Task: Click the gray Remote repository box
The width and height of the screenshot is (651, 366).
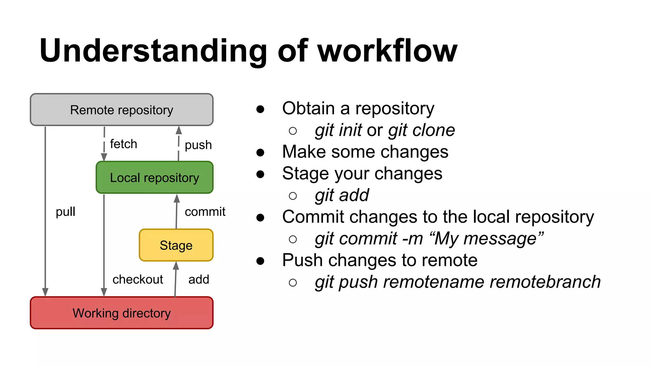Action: [x=121, y=110]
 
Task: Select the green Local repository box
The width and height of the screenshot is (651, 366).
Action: [x=154, y=178]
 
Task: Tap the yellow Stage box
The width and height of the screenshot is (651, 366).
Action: [x=176, y=245]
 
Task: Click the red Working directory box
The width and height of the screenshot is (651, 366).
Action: [x=121, y=313]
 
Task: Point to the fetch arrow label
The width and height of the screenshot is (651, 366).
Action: [x=123, y=144]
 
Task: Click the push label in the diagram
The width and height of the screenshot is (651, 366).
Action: [x=198, y=145]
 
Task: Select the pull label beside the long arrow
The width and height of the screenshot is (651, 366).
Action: [x=65, y=212]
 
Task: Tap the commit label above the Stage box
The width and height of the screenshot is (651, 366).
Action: [x=205, y=212]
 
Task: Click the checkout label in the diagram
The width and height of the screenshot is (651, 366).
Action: [x=138, y=279]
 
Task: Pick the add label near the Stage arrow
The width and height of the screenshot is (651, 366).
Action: [x=199, y=279]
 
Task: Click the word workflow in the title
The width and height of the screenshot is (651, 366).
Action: [x=387, y=51]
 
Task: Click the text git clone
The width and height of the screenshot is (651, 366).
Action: [x=421, y=130]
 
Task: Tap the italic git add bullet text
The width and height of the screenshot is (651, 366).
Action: [x=342, y=195]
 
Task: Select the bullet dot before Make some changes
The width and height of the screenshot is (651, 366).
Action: [x=260, y=152]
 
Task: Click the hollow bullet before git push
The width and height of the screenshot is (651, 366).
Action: [x=293, y=282]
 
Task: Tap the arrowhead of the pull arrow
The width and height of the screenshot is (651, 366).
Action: [x=45, y=292]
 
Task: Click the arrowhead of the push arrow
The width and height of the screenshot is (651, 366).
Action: [x=179, y=130]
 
